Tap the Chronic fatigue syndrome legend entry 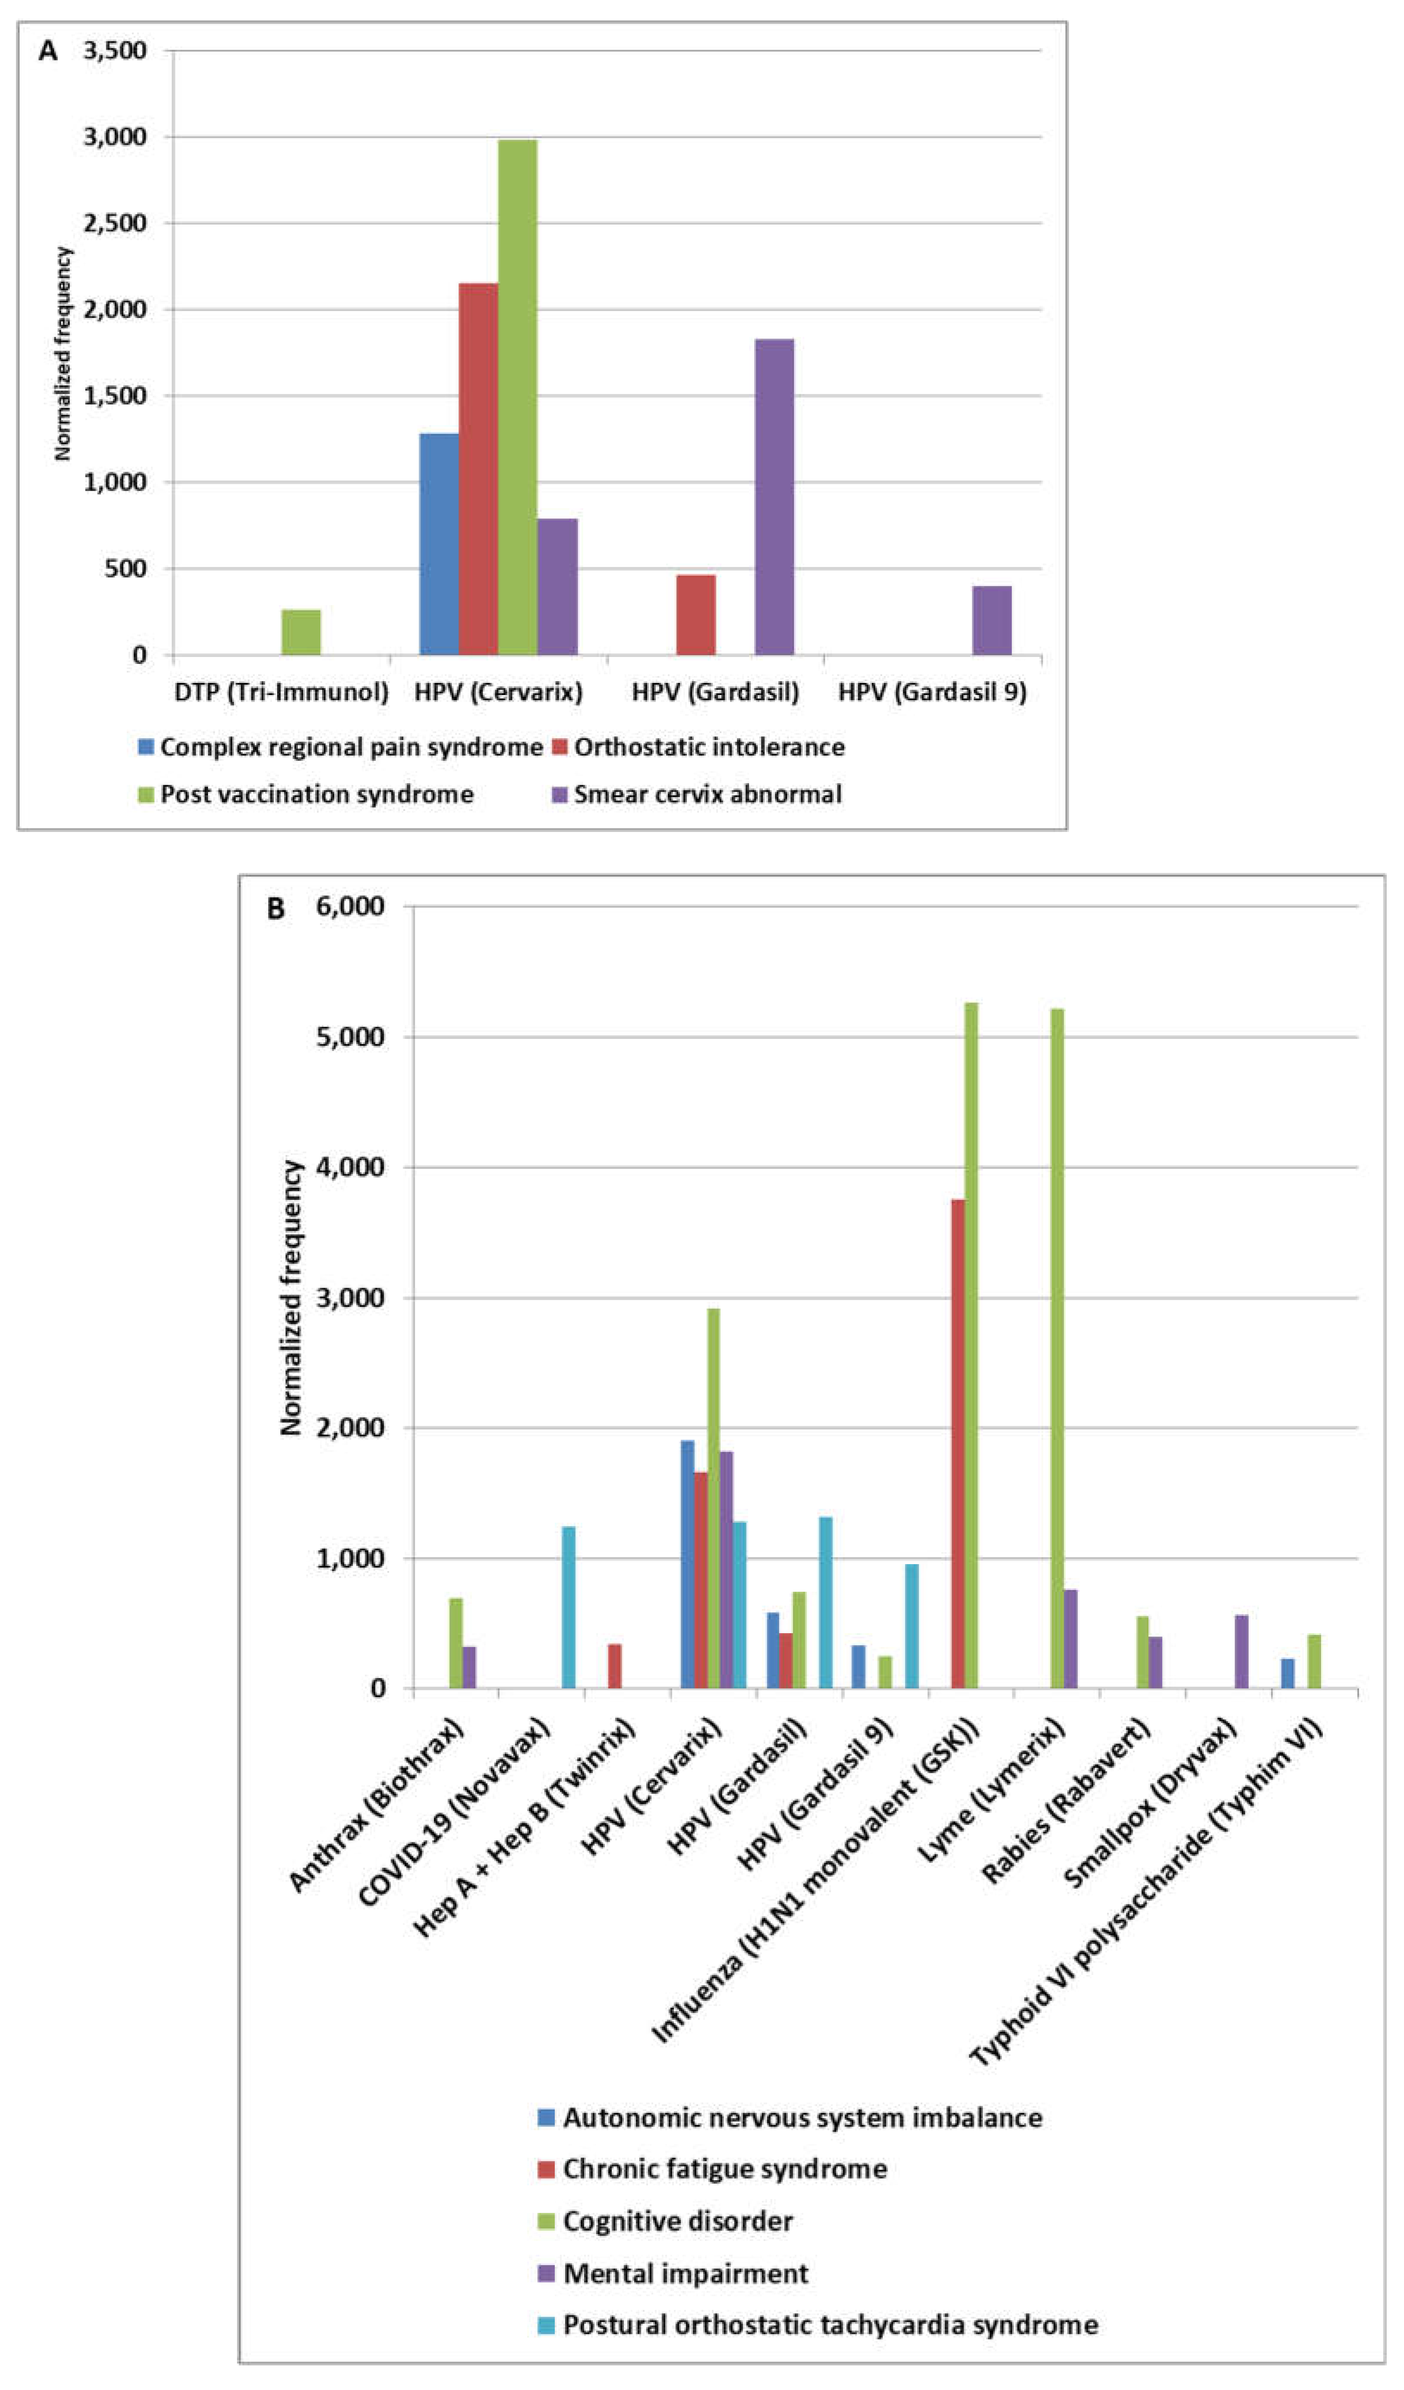(724, 2168)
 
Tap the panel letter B (275, 908)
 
